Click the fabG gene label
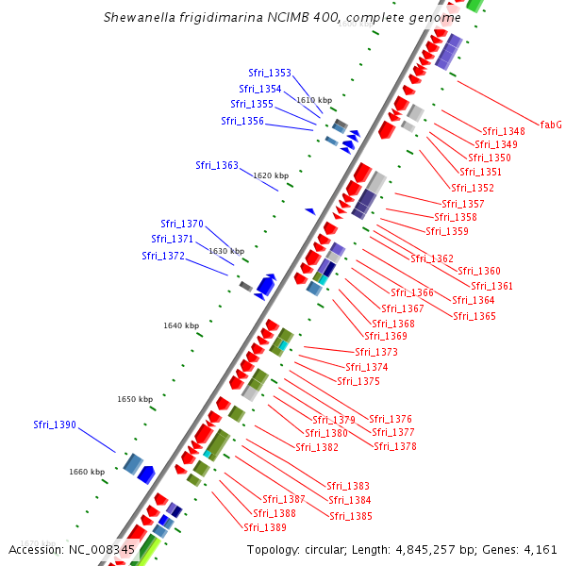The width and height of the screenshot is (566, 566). tap(551, 125)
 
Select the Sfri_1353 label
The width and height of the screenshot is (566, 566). tap(270, 73)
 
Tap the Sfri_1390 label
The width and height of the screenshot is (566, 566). tap(55, 424)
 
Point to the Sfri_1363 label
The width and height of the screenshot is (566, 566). tap(217, 165)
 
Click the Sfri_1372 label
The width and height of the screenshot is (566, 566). tap(163, 256)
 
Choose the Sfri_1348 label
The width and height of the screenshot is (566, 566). tap(504, 131)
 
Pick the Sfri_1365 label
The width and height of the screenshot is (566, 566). tap(474, 316)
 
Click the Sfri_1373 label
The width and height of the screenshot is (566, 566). tap(376, 352)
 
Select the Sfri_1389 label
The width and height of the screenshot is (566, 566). tap(265, 527)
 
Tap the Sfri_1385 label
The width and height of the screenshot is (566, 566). tap(351, 516)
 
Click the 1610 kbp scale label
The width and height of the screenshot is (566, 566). tap(314, 99)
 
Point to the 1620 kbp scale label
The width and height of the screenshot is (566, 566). tap(270, 175)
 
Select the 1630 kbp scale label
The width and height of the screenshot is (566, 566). tap(226, 251)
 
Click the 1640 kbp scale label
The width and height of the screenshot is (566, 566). tap(181, 325)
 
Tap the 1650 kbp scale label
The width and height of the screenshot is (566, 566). tap(135, 399)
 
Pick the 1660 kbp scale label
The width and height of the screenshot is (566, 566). tap(87, 472)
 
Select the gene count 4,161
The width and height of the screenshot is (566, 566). tap(540, 549)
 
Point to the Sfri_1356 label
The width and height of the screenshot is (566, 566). tap(242, 121)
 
